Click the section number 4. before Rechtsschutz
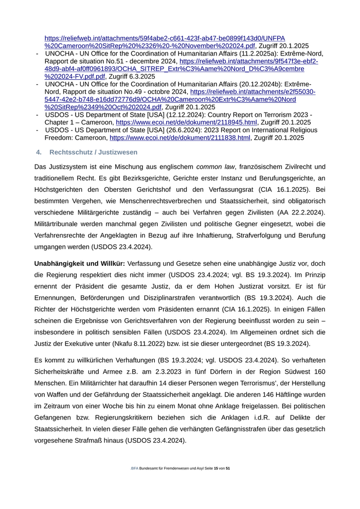pos(39,152)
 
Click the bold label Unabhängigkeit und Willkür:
pos(80,263)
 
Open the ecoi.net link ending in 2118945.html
pos(186,122)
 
